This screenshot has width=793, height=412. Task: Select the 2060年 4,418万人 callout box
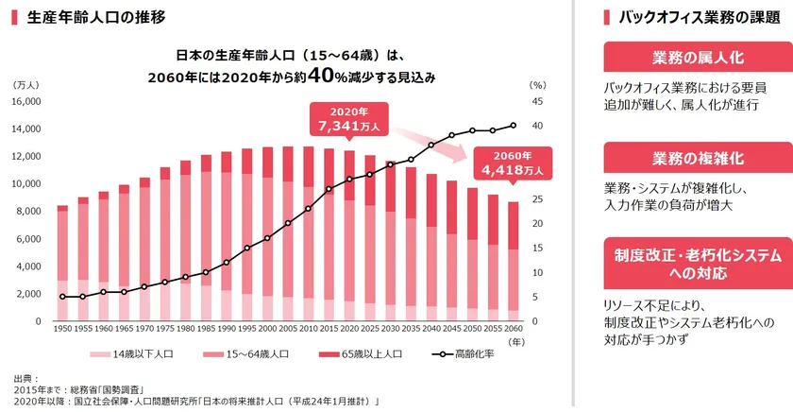(513, 163)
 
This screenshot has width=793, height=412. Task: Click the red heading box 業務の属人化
(684, 58)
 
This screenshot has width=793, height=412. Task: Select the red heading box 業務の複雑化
(684, 157)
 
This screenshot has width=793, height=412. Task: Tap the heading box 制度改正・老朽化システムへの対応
(684, 264)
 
